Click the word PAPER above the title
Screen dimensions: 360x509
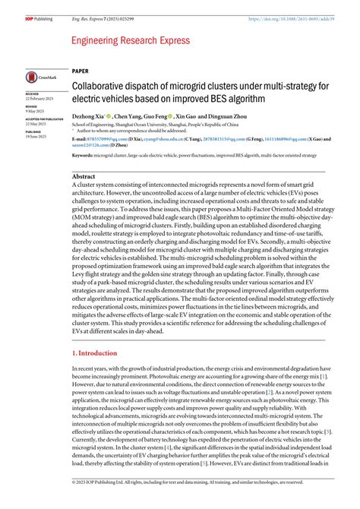click(x=80, y=70)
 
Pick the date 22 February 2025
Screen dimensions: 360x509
click(x=40, y=100)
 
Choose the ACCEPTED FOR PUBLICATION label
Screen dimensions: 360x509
click(x=43, y=119)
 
